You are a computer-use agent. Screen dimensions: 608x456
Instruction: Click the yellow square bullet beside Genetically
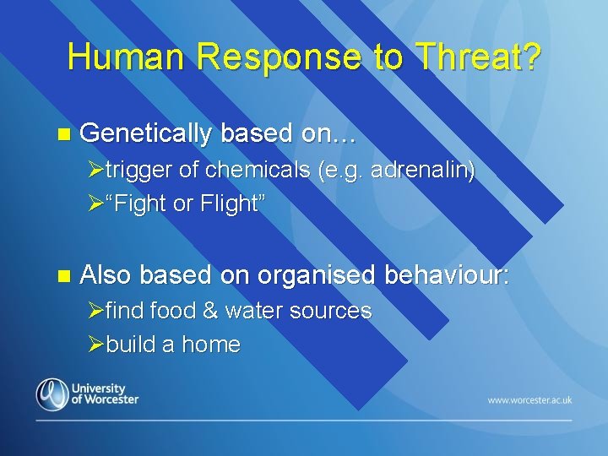tap(64, 134)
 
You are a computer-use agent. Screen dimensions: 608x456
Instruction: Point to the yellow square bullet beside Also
tap(64, 276)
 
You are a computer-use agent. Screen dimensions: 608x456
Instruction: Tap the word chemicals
tap(258, 170)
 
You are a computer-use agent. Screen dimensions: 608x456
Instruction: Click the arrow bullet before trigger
tap(95, 170)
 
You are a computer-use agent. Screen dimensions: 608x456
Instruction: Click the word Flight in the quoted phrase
tap(229, 204)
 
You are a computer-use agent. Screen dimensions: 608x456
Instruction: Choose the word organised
tap(316, 275)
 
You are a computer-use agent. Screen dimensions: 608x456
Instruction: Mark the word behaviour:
tap(447, 274)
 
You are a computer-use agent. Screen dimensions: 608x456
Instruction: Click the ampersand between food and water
tap(210, 311)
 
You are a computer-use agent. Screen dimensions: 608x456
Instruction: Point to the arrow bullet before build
tap(95, 345)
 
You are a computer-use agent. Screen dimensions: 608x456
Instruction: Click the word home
tap(211, 344)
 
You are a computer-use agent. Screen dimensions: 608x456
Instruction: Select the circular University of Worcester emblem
tap(52, 394)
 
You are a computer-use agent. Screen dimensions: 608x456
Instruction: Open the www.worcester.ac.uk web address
tap(529, 400)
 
